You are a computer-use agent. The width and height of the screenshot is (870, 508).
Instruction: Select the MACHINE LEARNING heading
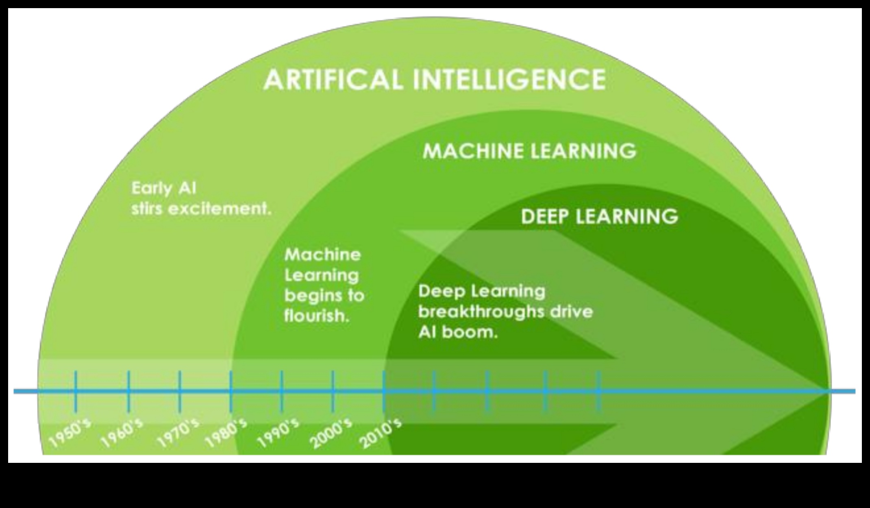click(529, 151)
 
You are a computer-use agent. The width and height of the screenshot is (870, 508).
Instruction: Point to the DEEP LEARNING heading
click(600, 216)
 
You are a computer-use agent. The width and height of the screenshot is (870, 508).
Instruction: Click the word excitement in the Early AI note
click(220, 209)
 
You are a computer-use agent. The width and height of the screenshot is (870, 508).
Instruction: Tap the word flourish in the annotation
click(317, 316)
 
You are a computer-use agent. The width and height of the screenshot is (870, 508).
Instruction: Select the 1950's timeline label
click(69, 434)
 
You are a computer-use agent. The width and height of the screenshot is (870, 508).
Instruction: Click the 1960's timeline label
click(122, 434)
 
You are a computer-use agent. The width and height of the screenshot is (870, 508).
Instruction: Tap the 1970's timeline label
click(178, 434)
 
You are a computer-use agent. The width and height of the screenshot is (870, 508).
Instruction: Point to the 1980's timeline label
click(226, 434)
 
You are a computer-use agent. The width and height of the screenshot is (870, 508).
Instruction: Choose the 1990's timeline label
click(278, 434)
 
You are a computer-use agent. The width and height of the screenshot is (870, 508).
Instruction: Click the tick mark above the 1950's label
click(76, 391)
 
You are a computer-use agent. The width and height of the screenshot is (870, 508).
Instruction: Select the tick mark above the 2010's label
click(383, 391)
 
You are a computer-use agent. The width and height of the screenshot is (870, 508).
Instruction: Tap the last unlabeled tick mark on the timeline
click(598, 391)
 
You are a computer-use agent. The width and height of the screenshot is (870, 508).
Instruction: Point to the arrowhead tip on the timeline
click(826, 391)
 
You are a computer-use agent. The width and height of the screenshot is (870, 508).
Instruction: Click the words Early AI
click(164, 188)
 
